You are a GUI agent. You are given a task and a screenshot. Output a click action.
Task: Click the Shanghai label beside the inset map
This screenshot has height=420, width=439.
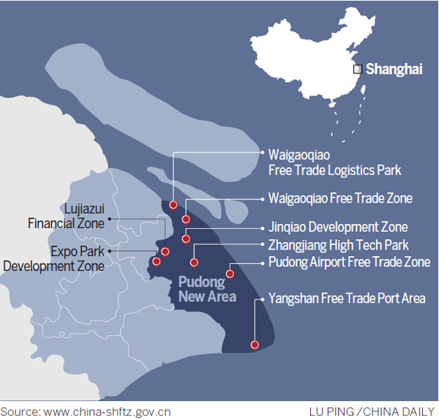pyautogui.click(x=394, y=70)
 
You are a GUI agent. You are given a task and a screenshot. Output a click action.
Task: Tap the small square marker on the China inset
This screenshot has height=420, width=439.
pyautogui.click(x=358, y=70)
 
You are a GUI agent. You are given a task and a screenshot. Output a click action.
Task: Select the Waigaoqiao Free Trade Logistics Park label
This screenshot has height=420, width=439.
pyautogui.click(x=335, y=162)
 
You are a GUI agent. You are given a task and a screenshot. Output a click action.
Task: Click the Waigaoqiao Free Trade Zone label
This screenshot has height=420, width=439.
pyautogui.click(x=340, y=198)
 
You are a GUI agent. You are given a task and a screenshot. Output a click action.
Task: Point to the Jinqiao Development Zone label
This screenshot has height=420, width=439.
pyautogui.click(x=338, y=227)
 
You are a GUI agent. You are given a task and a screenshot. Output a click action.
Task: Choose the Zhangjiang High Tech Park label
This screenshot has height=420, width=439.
pyautogui.click(x=339, y=245)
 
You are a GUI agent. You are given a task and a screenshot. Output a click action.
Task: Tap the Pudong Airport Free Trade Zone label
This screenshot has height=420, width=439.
pyautogui.click(x=349, y=262)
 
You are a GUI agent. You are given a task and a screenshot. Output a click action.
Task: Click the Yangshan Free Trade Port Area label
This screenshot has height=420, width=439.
pyautogui.click(x=347, y=299)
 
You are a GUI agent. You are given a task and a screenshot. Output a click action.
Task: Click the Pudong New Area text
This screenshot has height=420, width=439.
pyautogui.click(x=208, y=289)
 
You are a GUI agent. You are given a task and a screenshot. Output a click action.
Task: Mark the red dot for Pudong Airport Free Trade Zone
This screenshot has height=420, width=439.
pyautogui.click(x=230, y=274)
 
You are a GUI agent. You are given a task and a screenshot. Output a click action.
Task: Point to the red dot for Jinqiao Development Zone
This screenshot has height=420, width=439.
pyautogui.click(x=186, y=239)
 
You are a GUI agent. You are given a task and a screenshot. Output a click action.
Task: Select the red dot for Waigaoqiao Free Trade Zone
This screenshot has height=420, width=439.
pyautogui.click(x=186, y=219)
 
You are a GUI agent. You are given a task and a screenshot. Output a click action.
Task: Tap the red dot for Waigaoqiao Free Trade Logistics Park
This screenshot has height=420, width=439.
pyautogui.click(x=173, y=205)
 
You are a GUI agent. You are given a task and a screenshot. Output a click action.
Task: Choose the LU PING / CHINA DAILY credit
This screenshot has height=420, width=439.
pyautogui.click(x=372, y=410)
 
